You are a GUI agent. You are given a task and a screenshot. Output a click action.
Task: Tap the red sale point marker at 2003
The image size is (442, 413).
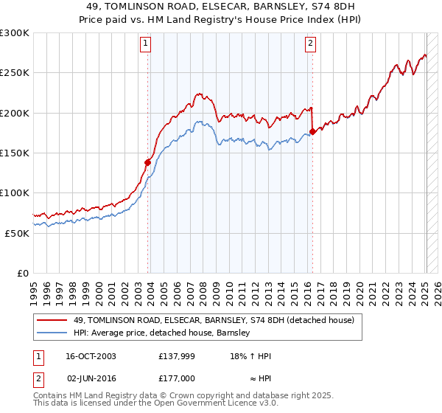148,162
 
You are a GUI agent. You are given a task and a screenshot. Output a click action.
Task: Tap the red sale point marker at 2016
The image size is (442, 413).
312,131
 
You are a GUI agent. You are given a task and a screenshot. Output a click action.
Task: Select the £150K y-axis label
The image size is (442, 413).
14,153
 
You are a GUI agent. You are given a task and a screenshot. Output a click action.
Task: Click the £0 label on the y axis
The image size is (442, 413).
22,273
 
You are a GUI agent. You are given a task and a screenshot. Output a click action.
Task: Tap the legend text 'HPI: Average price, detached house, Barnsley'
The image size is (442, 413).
162,333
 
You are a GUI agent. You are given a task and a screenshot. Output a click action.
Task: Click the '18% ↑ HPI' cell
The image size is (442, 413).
251,356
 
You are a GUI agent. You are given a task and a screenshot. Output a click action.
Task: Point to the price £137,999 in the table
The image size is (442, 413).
175,356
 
